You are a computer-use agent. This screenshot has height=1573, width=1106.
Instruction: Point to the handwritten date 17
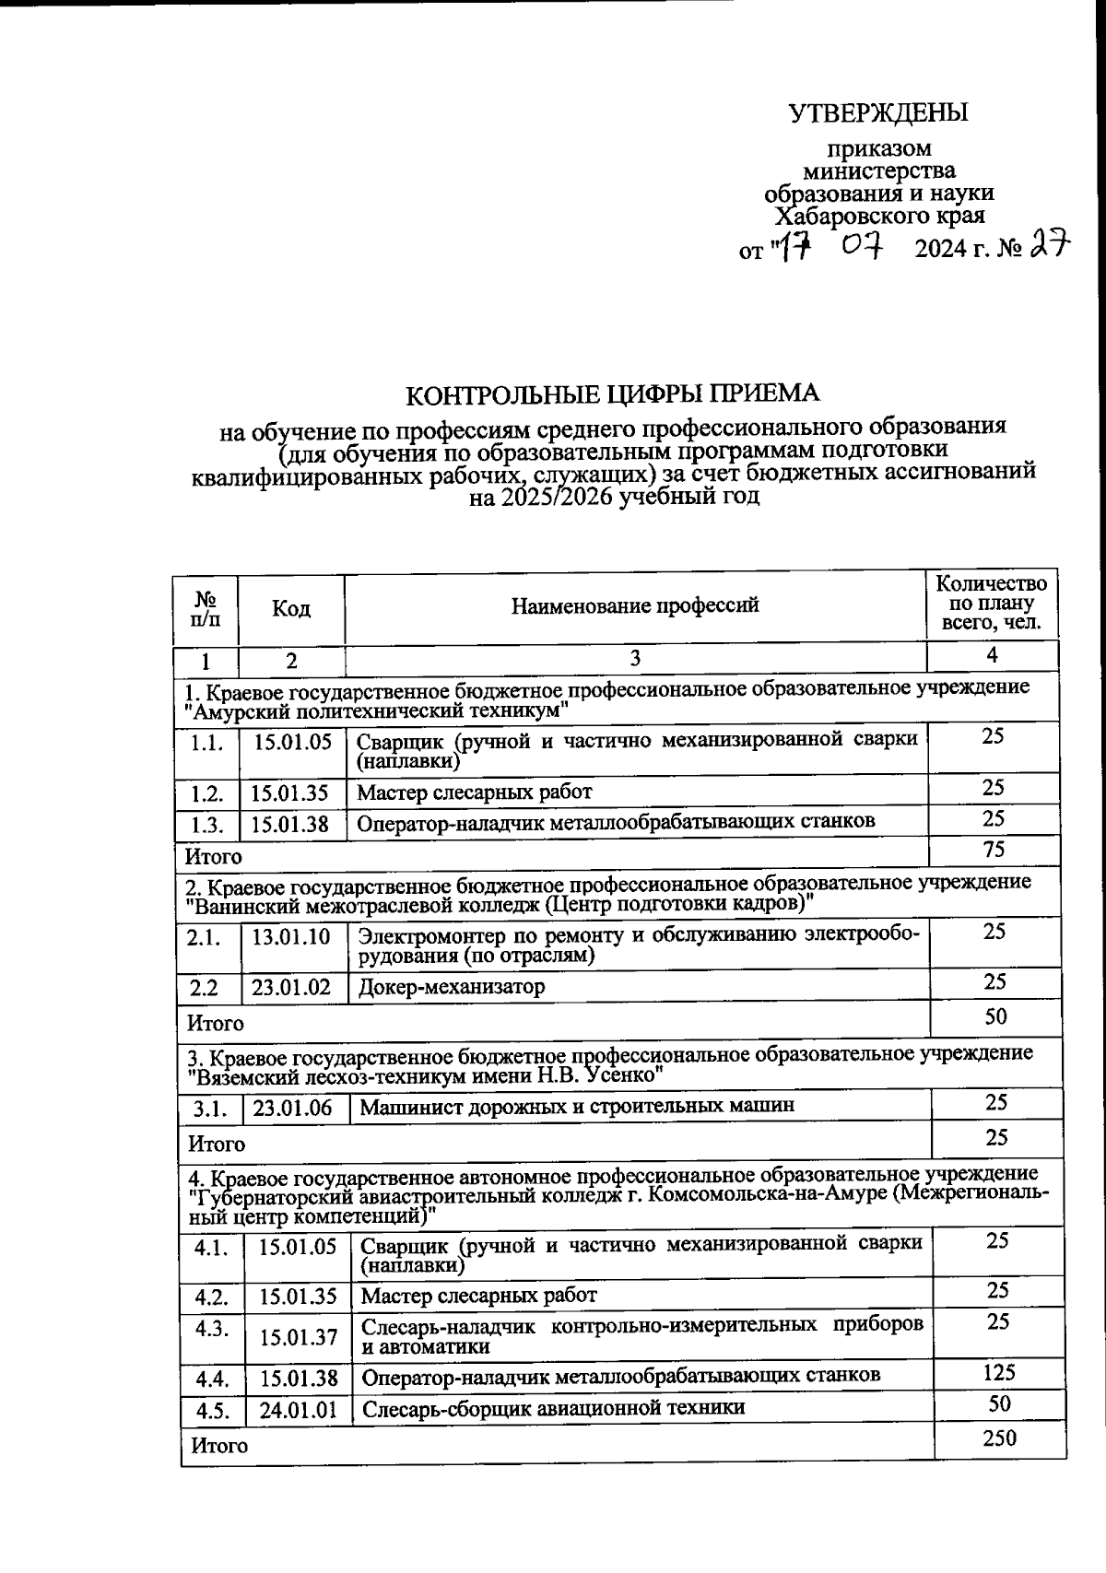792,247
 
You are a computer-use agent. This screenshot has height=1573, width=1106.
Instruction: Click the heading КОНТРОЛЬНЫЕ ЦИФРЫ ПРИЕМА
613,393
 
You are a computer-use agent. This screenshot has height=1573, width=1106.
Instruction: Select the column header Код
291,609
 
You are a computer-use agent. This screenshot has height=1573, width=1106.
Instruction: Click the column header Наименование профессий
635,605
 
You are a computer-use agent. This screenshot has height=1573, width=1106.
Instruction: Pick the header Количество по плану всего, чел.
991,603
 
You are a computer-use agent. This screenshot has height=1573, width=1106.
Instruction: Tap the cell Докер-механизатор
452,987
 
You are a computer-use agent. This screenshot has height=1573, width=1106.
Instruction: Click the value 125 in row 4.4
998,1372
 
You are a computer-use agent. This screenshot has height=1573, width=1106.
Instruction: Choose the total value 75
994,849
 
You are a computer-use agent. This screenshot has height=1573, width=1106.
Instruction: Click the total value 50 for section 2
995,1016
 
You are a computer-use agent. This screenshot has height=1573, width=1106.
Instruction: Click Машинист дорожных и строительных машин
577,1106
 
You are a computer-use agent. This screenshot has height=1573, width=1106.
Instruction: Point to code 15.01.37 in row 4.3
298,1336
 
